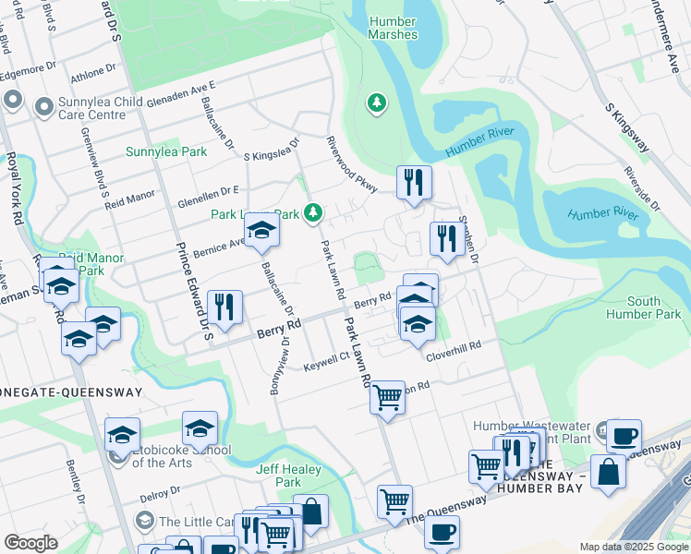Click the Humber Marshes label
click(393, 28)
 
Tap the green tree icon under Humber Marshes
click(376, 102)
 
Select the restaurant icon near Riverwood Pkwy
click(414, 181)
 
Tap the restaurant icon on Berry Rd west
click(224, 307)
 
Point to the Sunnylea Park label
click(166, 151)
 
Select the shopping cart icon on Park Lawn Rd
click(387, 397)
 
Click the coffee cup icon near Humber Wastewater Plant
click(624, 435)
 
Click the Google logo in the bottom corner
click(30, 543)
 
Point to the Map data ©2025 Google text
click(633, 547)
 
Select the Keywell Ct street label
click(326, 361)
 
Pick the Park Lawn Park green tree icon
click(313, 213)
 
